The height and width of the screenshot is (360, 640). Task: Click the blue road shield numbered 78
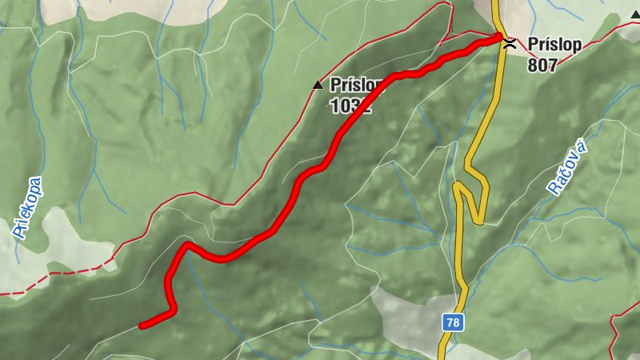click(453, 322)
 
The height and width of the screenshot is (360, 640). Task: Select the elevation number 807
click(542, 66)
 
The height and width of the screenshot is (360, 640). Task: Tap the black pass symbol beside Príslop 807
click(509, 46)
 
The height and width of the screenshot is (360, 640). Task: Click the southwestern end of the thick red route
click(142, 325)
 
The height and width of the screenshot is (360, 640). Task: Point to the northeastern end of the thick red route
click(498, 36)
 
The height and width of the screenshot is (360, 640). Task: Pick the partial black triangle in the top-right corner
click(635, 14)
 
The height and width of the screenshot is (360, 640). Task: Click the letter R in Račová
click(554, 188)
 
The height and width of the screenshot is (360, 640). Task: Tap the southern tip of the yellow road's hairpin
click(476, 221)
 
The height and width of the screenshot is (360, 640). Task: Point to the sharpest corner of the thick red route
click(186, 244)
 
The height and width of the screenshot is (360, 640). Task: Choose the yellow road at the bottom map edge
click(442, 355)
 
